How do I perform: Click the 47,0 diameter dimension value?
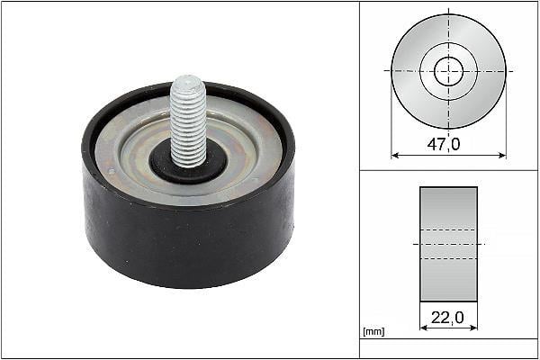click(x=443, y=144)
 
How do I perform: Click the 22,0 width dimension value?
click(x=447, y=318)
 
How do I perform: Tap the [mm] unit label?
click(x=373, y=331)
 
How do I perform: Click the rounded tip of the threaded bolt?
click(x=187, y=81)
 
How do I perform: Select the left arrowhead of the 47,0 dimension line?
click(x=395, y=156)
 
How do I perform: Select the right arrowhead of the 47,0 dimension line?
click(x=502, y=156)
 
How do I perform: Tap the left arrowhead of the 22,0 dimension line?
click(x=424, y=328)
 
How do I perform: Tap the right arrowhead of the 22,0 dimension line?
click(x=474, y=328)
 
